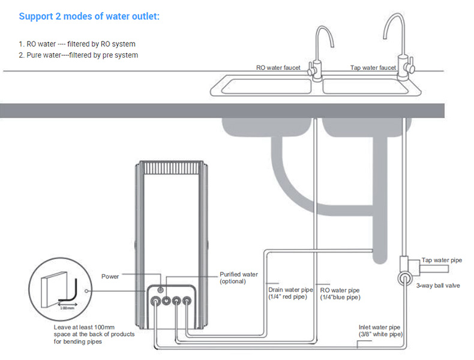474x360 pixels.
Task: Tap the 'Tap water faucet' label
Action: point(373,68)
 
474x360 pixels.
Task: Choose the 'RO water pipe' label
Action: point(340,289)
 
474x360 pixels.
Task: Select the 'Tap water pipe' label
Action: point(442,260)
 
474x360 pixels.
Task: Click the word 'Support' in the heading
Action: point(36,16)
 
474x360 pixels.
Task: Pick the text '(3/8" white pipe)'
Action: point(380,334)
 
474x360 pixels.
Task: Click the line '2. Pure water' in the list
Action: point(78,55)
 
